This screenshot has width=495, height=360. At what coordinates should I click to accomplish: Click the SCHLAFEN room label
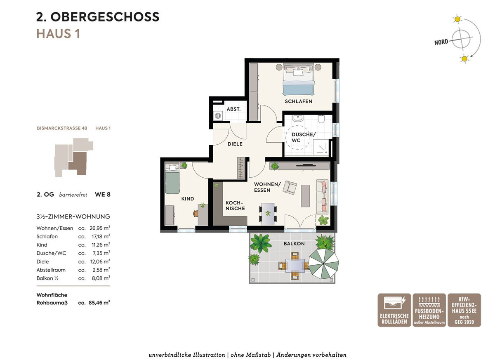click(298, 101)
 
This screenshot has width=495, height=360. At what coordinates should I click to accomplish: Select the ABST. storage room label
click(233, 109)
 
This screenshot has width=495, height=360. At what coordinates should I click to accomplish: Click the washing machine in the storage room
click(218, 116)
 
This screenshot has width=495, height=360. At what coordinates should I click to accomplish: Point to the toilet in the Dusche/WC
click(321, 119)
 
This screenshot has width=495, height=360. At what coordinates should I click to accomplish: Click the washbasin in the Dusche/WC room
click(298, 118)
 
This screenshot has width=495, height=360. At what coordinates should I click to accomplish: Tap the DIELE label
click(235, 144)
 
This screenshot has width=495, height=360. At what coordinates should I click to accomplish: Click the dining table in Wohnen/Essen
click(268, 214)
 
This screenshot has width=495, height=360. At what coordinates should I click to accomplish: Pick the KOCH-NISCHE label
click(235, 205)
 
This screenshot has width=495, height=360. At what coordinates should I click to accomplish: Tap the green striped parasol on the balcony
click(323, 264)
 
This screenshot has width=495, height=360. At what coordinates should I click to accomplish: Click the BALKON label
click(294, 244)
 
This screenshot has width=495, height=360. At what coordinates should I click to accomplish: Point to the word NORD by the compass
click(441, 42)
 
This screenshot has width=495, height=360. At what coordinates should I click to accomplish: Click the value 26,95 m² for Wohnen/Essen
click(100, 228)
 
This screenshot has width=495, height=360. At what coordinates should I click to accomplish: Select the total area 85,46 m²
click(99, 303)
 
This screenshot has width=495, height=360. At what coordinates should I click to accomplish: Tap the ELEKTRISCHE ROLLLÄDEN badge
click(394, 310)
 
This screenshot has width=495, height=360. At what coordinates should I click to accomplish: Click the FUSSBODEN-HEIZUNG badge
click(429, 310)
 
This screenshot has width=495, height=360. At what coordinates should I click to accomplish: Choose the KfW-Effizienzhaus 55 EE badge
click(464, 310)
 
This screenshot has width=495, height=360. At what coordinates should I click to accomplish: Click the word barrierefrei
click(73, 195)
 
